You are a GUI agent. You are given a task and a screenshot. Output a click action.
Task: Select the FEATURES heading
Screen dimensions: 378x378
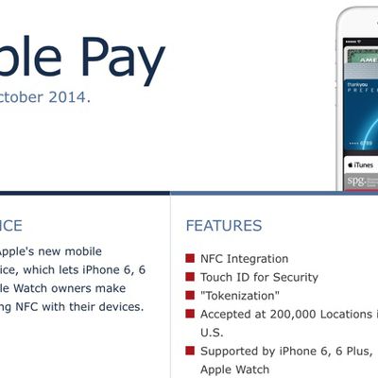tap(224, 226)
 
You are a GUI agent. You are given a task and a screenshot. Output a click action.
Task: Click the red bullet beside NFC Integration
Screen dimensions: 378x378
tap(190, 258)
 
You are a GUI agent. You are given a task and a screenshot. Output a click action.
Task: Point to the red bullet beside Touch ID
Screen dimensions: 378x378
tap(190, 277)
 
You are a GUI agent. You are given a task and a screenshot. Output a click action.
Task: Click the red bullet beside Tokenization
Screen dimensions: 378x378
tap(190, 296)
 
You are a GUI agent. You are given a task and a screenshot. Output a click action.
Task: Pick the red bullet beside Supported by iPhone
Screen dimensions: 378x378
tap(190, 352)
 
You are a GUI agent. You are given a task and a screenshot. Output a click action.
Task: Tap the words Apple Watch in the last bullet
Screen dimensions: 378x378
tap(234, 369)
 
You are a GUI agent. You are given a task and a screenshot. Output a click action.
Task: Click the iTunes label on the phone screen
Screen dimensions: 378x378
tap(361, 165)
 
